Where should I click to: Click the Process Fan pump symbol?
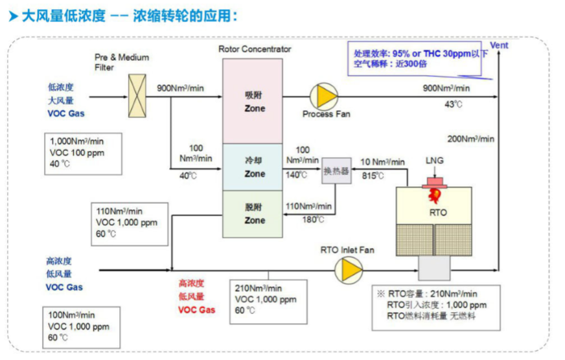tap(324, 96)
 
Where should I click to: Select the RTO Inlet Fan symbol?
tap(349, 270)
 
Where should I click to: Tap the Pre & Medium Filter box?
tap(137, 96)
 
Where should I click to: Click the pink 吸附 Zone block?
tap(253, 101)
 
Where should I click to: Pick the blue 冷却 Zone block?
tap(253, 168)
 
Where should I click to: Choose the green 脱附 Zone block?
tap(253, 214)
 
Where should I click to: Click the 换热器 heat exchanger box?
tap(336, 171)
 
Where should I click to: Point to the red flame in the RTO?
tap(435, 196)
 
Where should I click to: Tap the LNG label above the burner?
tap(435, 161)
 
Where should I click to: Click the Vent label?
tap(499, 45)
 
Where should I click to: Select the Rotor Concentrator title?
tap(255, 49)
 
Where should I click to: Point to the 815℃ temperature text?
tap(373, 175)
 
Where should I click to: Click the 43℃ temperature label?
tap(454, 104)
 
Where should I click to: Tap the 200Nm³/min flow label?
tap(470, 139)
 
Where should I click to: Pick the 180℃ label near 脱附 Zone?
tap(313, 219)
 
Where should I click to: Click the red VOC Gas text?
tap(197, 310)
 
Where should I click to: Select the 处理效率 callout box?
tap(415, 58)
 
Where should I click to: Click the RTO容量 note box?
tap(436, 308)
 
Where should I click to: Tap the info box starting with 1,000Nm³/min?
tap(83, 153)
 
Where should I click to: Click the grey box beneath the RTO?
tap(434, 268)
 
